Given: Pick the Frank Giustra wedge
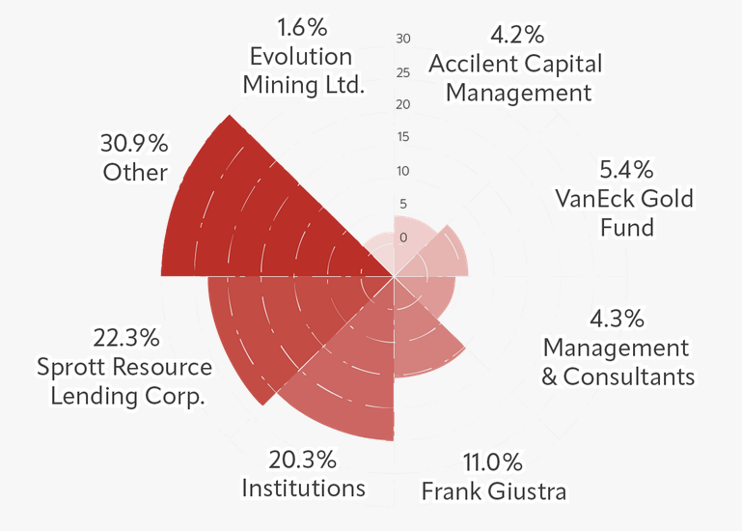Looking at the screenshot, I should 425,338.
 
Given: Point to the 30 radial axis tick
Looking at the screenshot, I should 403,39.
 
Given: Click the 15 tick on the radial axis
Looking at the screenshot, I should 403,137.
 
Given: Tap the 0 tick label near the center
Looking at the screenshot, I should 403,238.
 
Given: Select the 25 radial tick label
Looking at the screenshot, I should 403,72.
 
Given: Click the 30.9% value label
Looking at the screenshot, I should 134,144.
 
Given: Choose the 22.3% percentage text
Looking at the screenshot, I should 126,338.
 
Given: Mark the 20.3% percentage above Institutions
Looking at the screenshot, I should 303,458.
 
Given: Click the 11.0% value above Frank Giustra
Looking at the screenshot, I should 492,461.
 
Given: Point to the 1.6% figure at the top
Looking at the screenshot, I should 302,27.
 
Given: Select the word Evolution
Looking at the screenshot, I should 301,56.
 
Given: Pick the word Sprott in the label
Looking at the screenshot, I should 68,368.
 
